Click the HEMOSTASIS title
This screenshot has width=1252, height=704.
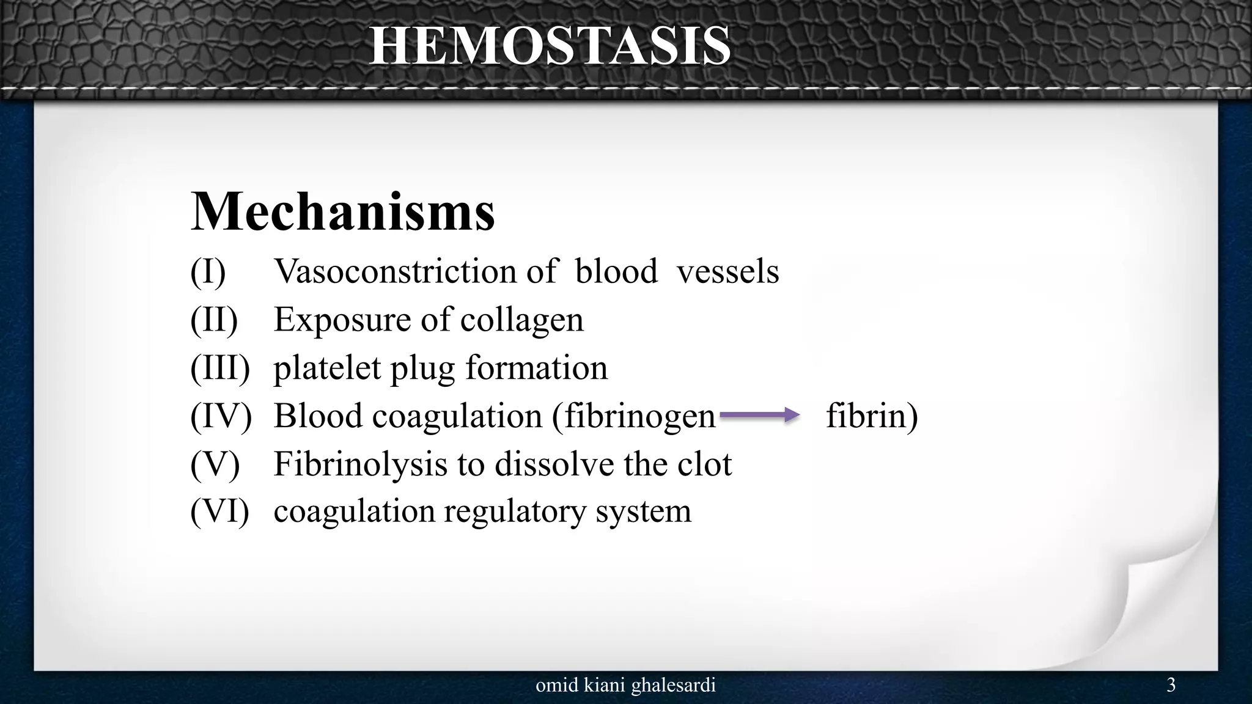click(x=550, y=46)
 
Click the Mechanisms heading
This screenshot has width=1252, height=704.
click(x=343, y=211)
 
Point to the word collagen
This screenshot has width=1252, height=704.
click(x=521, y=320)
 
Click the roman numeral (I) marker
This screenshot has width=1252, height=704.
click(x=208, y=271)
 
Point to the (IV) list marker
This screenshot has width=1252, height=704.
click(x=221, y=416)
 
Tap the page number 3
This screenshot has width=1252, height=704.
click(x=1171, y=685)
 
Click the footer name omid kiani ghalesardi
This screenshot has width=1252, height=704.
click(x=625, y=686)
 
